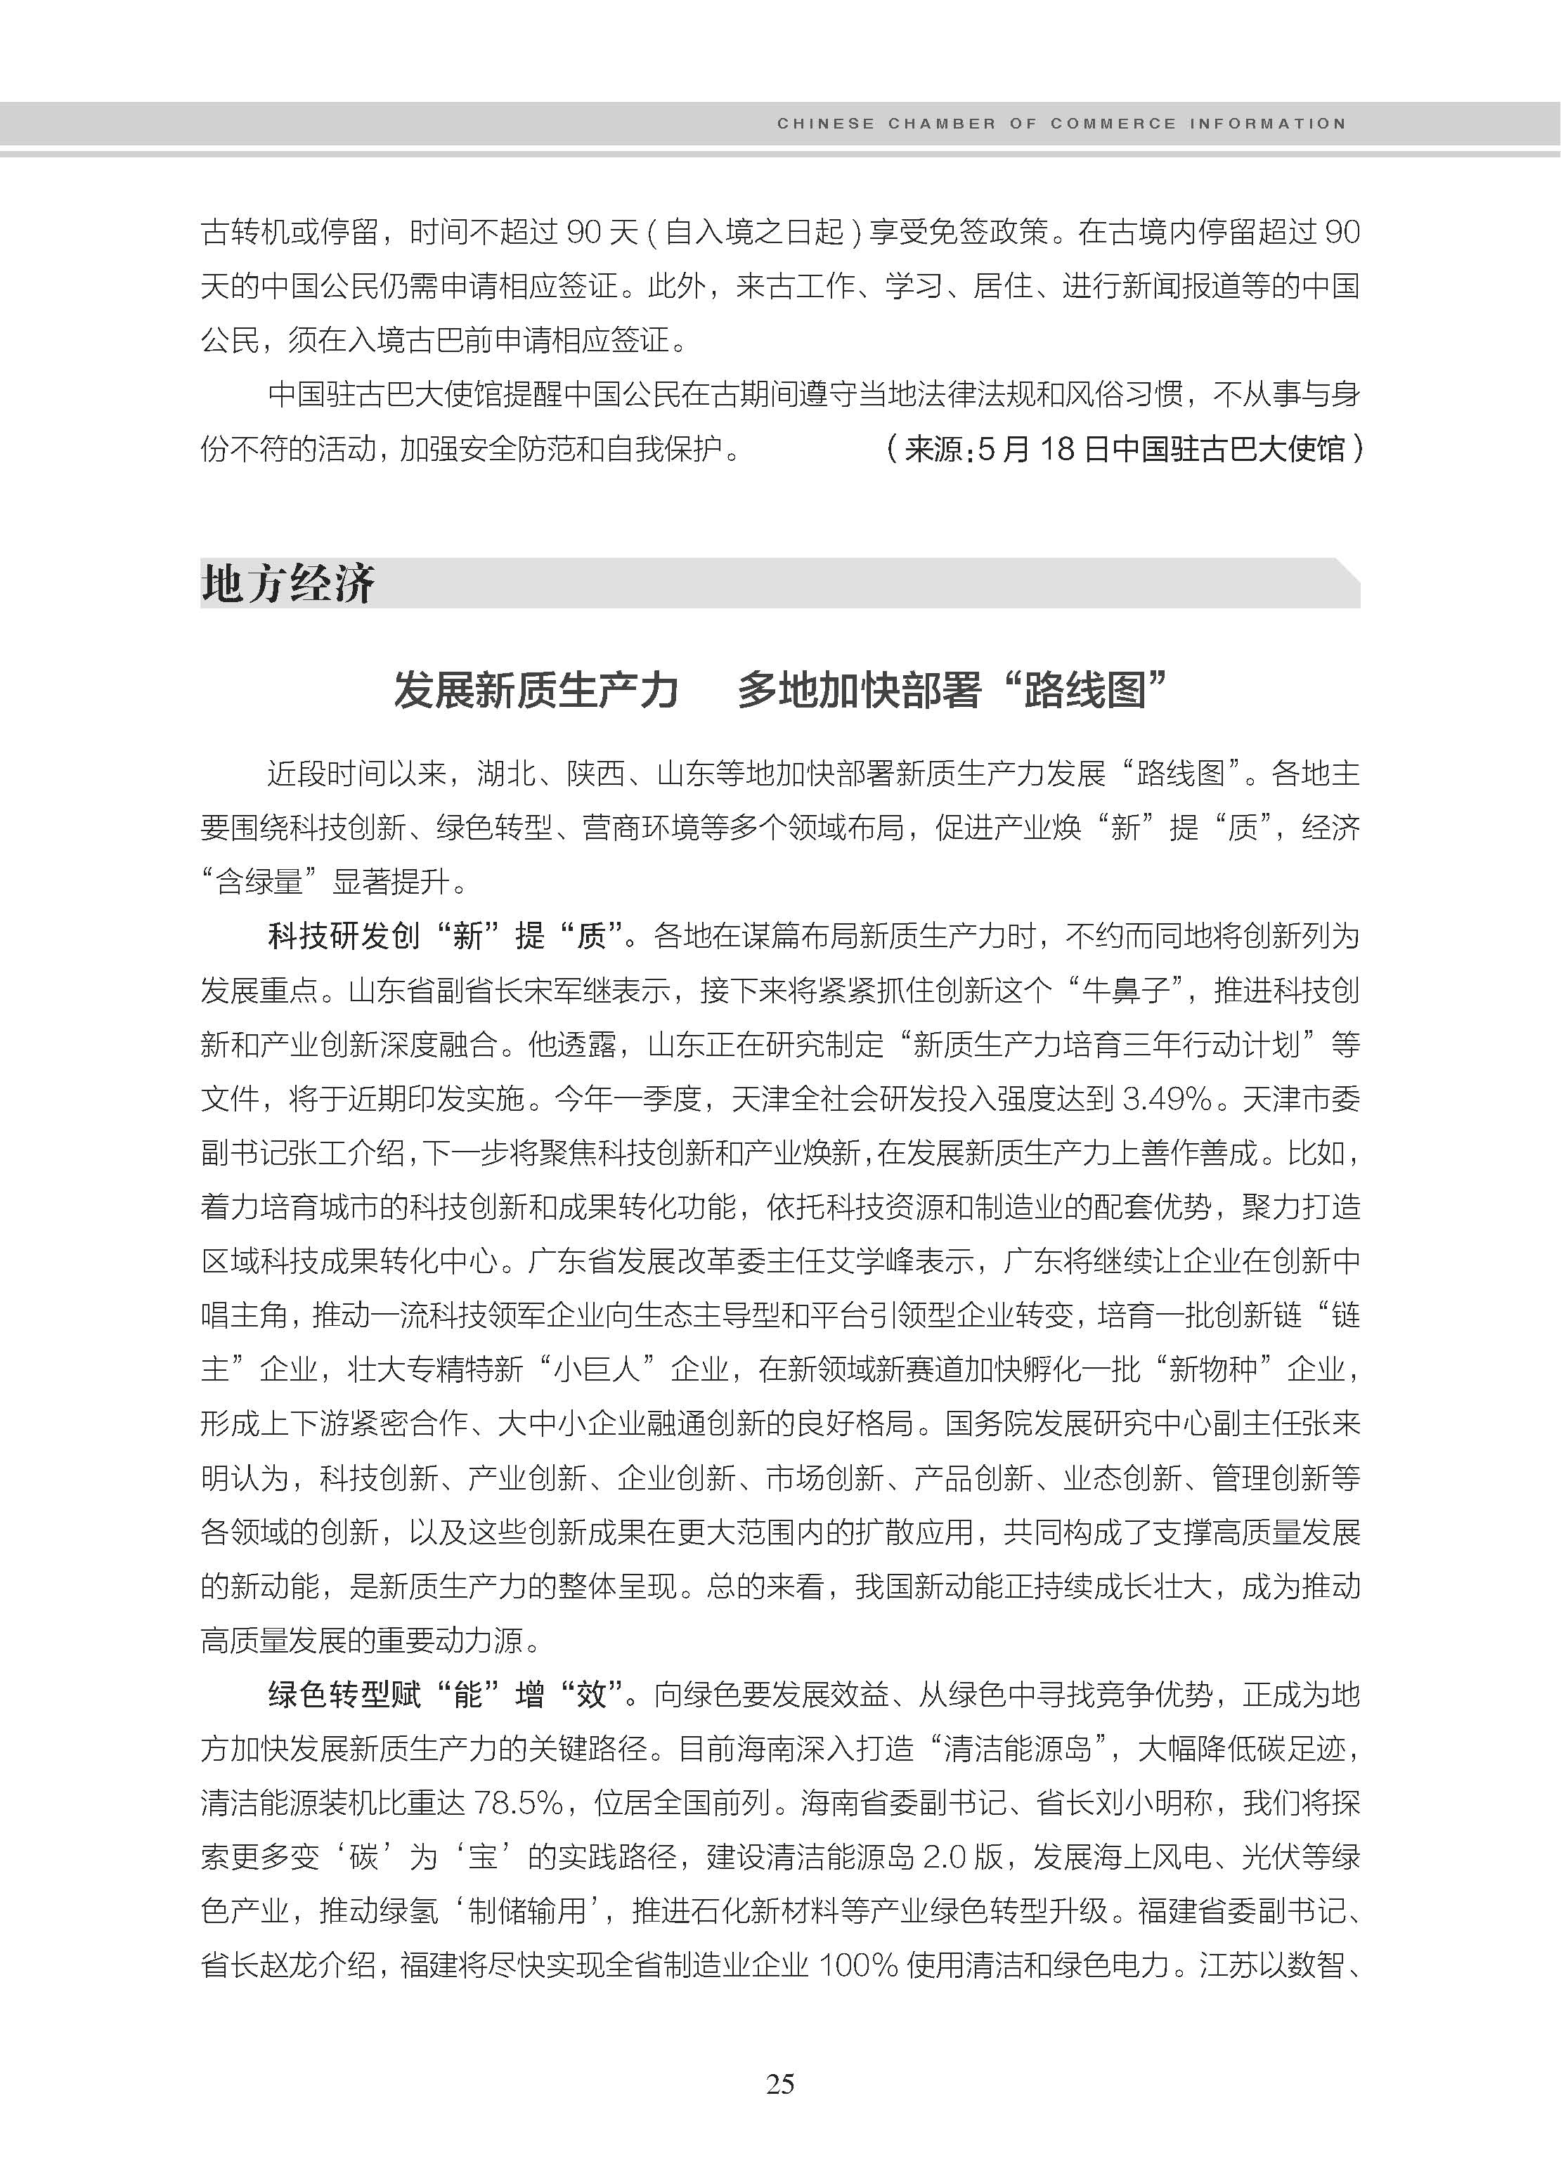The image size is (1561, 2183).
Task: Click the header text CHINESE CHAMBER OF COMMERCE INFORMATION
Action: (x=1061, y=124)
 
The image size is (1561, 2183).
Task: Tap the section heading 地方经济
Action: (x=287, y=583)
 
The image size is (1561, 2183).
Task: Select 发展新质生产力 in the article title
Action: (x=536, y=690)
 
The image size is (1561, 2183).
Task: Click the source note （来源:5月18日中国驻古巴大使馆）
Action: (x=1122, y=449)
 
